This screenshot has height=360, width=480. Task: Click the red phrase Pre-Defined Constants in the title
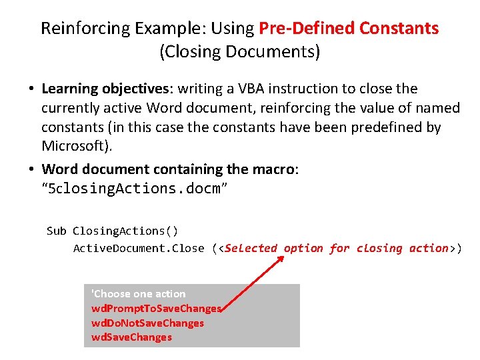point(349,29)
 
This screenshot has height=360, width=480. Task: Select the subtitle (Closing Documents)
point(240,52)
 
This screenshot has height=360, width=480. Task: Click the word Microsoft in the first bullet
point(71,146)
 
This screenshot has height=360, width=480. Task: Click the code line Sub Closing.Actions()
point(112,231)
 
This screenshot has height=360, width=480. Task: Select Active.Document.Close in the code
point(139,249)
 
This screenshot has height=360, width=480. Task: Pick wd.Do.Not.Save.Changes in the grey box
point(147,323)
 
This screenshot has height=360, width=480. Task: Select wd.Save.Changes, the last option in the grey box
point(131,337)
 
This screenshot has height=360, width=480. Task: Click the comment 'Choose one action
point(139,294)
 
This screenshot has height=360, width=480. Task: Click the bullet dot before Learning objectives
point(31,89)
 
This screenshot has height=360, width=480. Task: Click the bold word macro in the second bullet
point(275,170)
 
